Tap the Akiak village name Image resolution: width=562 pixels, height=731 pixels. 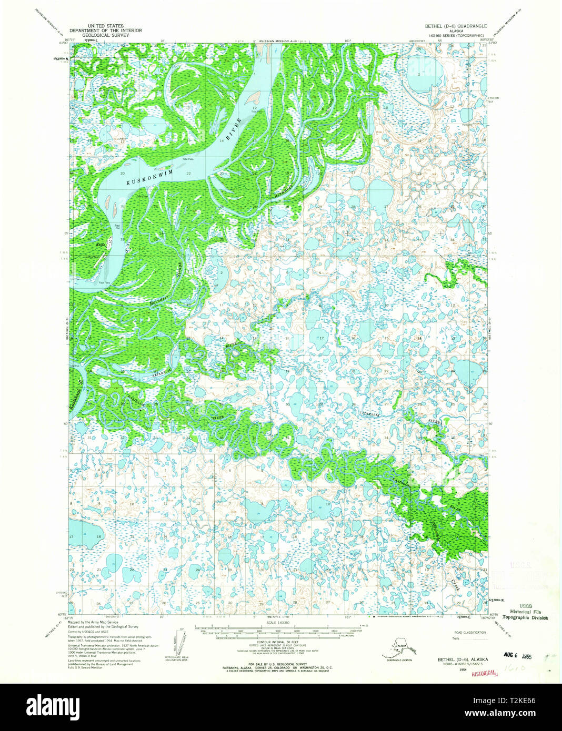(x=101, y=245)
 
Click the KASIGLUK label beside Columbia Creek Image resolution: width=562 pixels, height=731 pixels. (x=397, y=480)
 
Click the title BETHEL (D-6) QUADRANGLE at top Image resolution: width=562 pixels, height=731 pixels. (x=456, y=26)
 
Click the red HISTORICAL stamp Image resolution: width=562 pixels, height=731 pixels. (x=484, y=673)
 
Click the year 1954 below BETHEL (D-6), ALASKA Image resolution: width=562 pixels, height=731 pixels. (x=463, y=670)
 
